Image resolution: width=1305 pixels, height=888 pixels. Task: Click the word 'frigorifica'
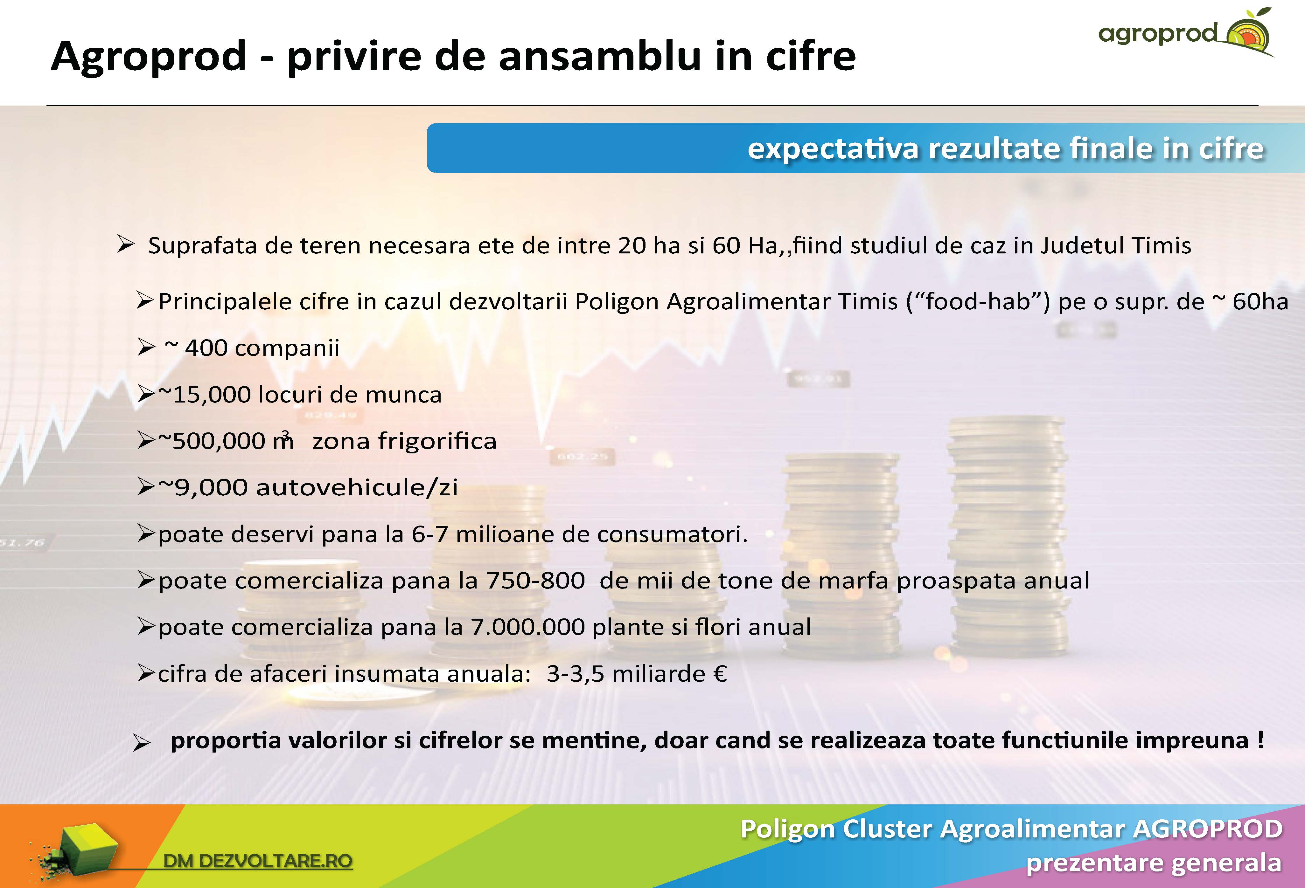[437, 441]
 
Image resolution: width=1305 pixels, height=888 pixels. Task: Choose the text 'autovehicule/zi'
[357, 487]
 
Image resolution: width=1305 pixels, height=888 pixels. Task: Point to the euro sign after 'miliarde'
[721, 674]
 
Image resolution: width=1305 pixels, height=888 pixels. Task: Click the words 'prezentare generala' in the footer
[1153, 863]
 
